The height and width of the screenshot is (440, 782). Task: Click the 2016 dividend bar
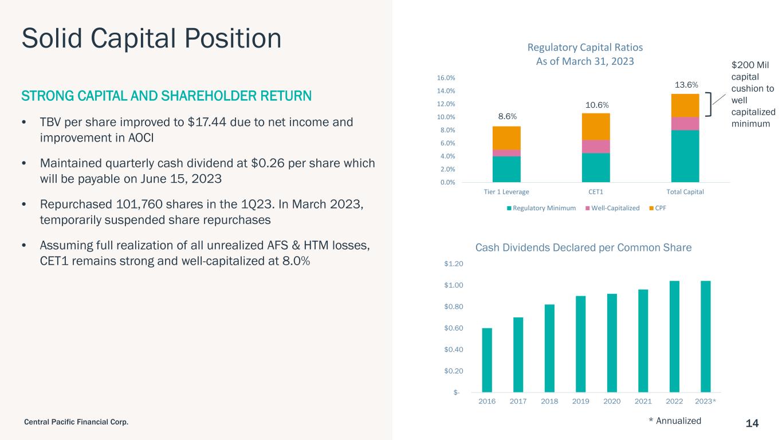[x=486, y=360]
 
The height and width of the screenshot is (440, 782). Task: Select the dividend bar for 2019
[x=580, y=344]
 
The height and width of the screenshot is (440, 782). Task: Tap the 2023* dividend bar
[x=706, y=336]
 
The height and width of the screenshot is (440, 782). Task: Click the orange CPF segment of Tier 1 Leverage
[x=506, y=138]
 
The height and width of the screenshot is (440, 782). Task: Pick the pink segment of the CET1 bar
[x=596, y=147]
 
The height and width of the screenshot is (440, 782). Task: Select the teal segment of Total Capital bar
[x=685, y=156]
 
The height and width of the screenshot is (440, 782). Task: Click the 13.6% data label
[x=686, y=85]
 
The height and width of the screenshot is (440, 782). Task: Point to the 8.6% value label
[x=507, y=116]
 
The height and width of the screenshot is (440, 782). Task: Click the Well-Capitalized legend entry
[x=612, y=208]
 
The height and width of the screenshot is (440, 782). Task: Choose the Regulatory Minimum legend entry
[x=541, y=208]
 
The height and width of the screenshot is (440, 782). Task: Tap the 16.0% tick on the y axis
[x=446, y=78]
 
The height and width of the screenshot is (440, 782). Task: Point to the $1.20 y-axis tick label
[x=454, y=264]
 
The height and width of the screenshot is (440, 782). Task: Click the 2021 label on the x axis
[x=643, y=401]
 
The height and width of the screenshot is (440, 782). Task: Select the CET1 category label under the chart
[x=596, y=192]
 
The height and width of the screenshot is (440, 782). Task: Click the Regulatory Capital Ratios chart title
[x=585, y=54]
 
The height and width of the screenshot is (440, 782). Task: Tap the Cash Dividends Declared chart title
[x=583, y=247]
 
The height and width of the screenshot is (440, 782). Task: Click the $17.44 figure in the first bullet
[x=207, y=122]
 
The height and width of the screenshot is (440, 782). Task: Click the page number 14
[x=752, y=423]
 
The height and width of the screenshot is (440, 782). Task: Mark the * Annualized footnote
[x=675, y=421]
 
